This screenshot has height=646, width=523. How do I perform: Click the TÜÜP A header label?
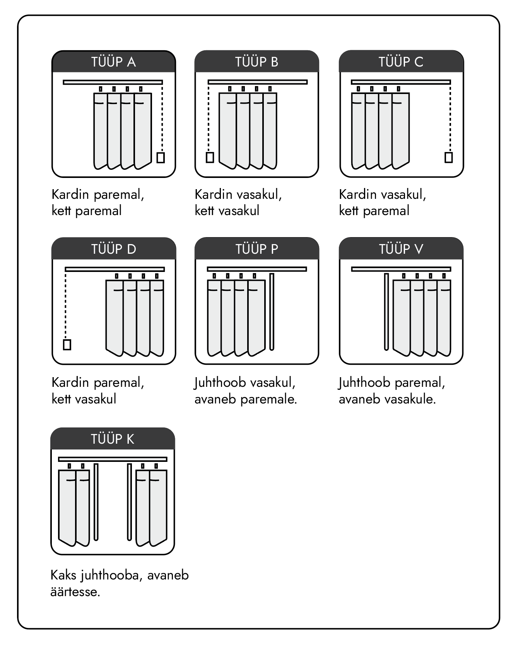pyautogui.click(x=113, y=62)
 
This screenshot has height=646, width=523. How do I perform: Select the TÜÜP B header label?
pyautogui.click(x=256, y=62)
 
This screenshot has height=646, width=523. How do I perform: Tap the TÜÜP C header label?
pyautogui.click(x=401, y=62)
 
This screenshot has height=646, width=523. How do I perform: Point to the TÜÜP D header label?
pyautogui.click(x=113, y=249)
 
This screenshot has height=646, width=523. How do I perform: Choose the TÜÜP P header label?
pyautogui.click(x=256, y=249)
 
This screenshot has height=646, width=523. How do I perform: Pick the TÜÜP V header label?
pyautogui.click(x=401, y=249)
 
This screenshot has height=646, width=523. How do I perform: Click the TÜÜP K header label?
pyautogui.click(x=113, y=439)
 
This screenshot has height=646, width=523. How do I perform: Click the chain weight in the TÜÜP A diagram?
pyautogui.click(x=161, y=157)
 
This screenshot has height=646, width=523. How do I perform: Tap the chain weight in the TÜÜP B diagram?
pyautogui.click(x=210, y=157)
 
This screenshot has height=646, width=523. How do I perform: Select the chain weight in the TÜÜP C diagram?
pyautogui.click(x=449, y=157)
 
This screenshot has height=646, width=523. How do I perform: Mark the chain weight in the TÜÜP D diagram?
pyautogui.click(x=67, y=344)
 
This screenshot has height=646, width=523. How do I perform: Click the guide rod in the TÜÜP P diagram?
pyautogui.click(x=272, y=311)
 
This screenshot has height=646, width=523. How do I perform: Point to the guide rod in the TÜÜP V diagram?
pyautogui.click(x=386, y=311)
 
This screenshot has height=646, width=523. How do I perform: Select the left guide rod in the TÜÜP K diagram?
pyautogui.click(x=96, y=501)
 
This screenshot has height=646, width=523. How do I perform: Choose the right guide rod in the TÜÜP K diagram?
pyautogui.click(x=130, y=501)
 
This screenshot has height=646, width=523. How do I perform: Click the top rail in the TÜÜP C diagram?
pyautogui.click(x=401, y=82)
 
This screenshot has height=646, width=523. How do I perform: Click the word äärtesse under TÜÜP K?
pyautogui.click(x=75, y=592)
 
